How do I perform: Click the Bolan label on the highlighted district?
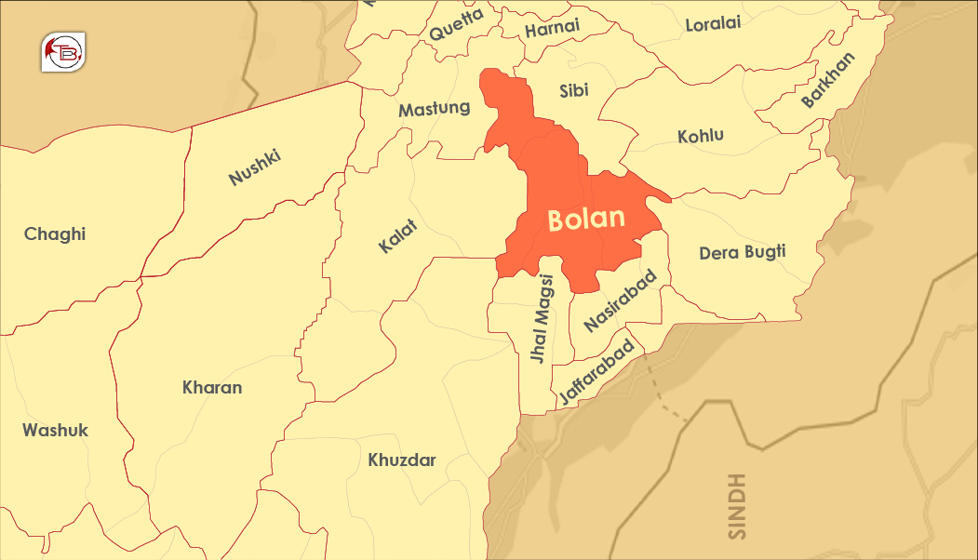585,220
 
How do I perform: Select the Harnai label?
553,29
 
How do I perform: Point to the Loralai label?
713,24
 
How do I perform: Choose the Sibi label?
574,90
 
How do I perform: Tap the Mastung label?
435,109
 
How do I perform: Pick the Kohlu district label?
701,136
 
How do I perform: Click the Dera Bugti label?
743,252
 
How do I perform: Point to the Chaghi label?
55,233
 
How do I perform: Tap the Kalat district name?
398,235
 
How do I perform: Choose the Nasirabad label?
621,300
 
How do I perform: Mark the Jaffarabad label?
601,372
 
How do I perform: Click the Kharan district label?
212,387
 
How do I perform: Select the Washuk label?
56,430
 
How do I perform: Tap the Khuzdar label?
402,460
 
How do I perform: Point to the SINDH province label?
738,507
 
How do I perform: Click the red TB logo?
63,51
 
